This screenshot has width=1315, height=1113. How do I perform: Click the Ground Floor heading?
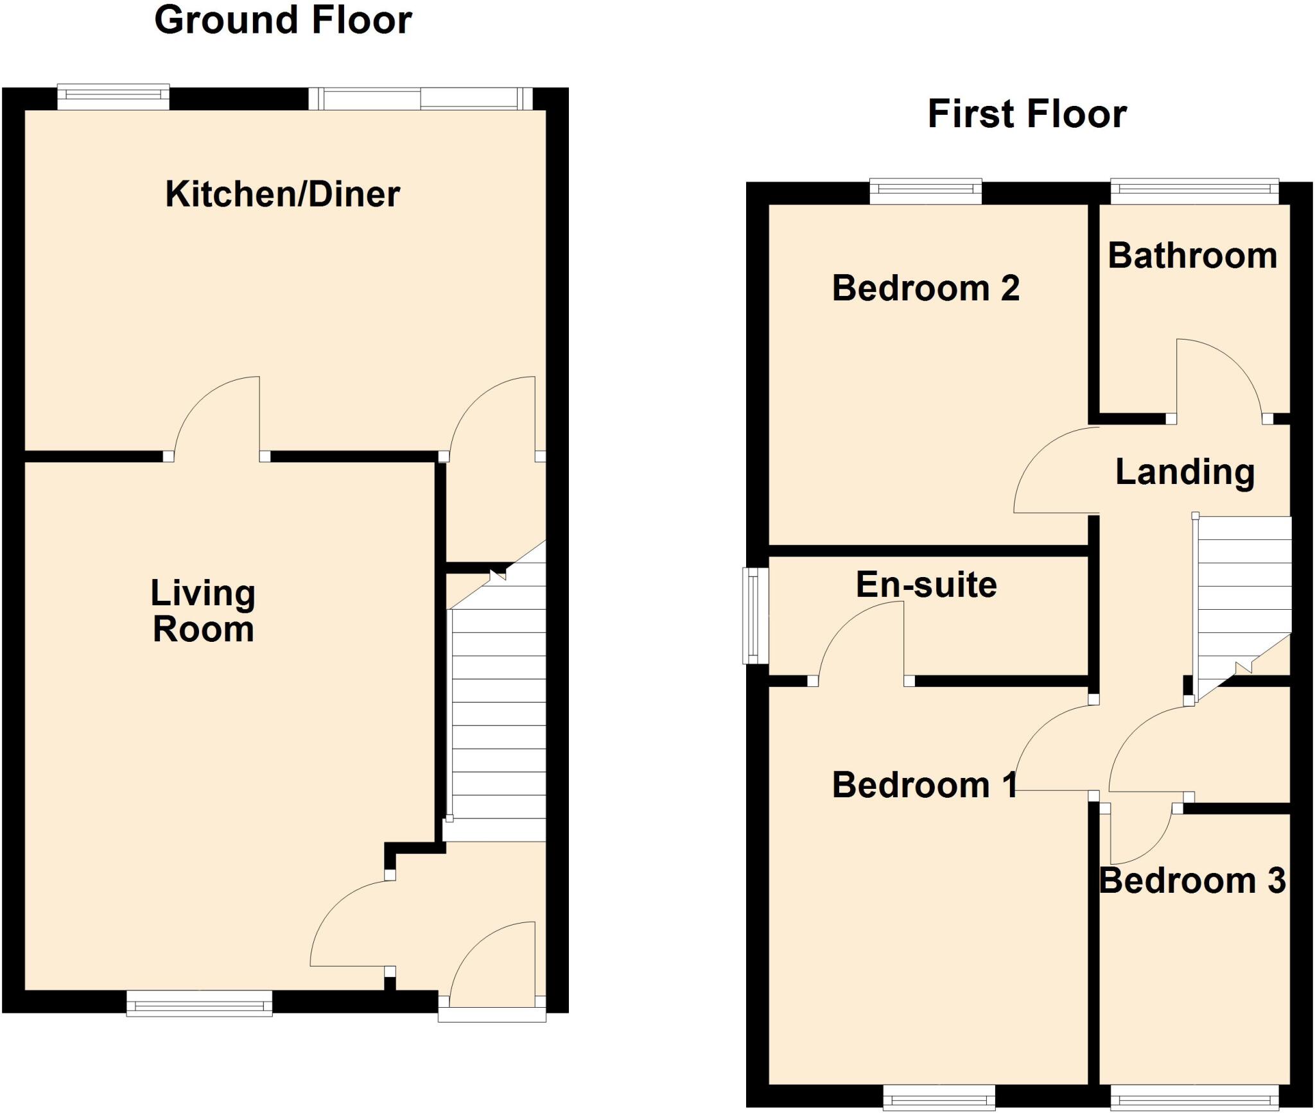pos(283,21)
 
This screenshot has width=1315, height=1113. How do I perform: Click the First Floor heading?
pos(1027,114)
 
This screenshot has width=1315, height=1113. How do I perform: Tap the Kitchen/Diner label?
pos(283,194)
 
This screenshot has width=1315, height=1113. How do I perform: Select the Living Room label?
pos(203,610)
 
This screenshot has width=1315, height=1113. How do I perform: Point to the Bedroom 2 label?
pos(925,288)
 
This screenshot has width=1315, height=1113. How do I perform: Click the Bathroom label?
pos(1192,255)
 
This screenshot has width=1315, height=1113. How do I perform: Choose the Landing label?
pos(1185,472)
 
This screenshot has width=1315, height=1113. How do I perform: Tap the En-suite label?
pos(926,585)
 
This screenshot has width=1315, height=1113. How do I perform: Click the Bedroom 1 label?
pos(925,785)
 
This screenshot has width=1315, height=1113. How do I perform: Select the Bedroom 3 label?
pos(1192,880)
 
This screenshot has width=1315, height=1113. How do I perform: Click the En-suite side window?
pos(756,615)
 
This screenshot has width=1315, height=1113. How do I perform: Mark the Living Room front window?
pos(199,1003)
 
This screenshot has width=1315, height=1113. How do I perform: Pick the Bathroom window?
pos(1194,191)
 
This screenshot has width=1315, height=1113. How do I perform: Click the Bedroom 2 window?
pos(925,191)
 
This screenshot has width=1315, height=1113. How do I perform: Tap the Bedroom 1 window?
pos(939,1097)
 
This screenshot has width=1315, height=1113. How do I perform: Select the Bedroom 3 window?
pos(1194,1097)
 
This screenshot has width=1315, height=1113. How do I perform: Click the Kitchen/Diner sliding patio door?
pos(421,99)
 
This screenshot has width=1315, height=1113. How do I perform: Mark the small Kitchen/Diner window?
pos(113,96)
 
